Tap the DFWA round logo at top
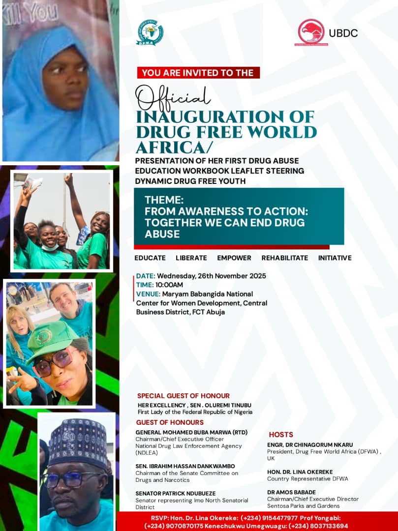(150, 32)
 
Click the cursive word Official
(173, 98)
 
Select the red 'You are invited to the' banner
(198, 73)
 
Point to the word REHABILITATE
(284, 258)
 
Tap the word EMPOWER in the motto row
(234, 258)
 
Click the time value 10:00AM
(169, 285)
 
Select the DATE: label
(146, 276)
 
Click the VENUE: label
(148, 294)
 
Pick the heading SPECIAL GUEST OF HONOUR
(184, 395)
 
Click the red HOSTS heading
(281, 435)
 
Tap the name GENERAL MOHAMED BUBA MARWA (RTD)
(191, 432)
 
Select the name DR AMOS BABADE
(291, 492)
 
